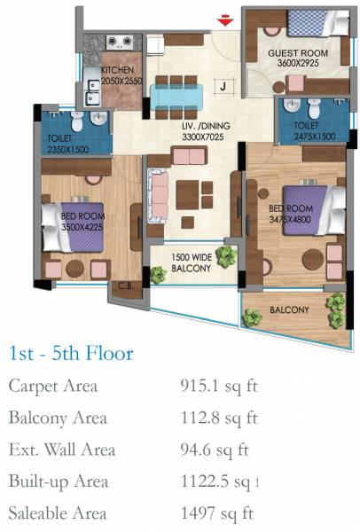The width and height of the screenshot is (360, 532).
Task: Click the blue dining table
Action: tap(177, 91)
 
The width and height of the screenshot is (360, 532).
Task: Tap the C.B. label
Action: tap(126, 286)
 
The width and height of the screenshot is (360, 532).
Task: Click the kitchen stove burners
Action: tap(120, 42)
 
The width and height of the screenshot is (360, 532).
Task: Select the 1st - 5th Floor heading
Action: tap(70, 355)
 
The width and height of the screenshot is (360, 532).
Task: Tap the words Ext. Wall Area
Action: tap(61, 450)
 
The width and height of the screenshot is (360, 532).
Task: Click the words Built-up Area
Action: tap(59, 481)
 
